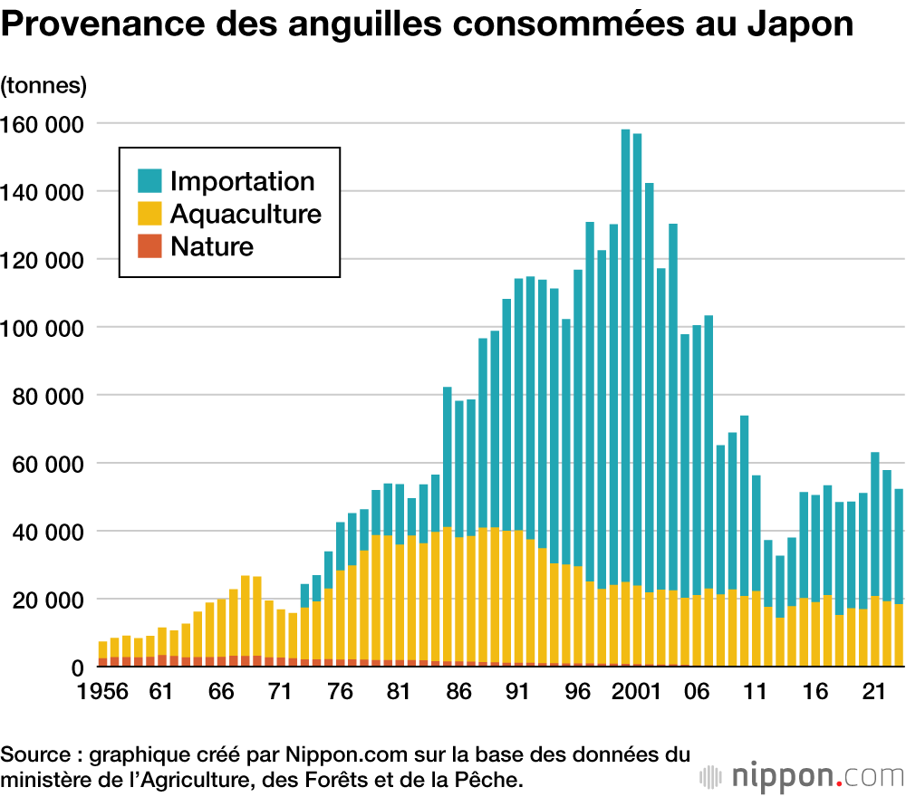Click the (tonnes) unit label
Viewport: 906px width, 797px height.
43,86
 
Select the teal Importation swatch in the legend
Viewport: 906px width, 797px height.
149,180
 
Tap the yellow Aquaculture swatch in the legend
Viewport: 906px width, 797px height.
149,214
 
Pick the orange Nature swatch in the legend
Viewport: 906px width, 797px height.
149,245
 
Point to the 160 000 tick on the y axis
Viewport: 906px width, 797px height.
45,123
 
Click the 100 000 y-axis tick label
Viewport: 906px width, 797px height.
45,327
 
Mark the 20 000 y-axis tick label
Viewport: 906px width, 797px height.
51,600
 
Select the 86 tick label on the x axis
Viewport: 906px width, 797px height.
458,692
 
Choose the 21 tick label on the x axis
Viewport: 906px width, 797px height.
874,692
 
